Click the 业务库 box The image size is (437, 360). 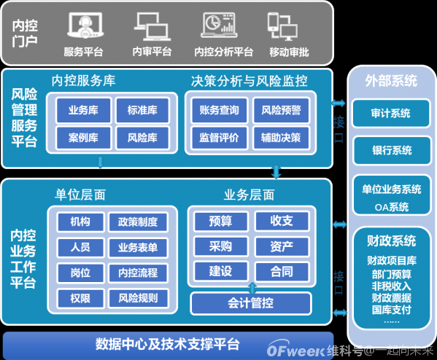[83, 110]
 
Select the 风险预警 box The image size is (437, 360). [281, 110]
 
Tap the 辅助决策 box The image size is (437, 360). [281, 138]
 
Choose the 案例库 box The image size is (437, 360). [83, 138]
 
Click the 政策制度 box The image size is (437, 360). [138, 222]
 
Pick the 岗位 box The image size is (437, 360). [80, 273]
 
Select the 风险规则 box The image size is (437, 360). [138, 298]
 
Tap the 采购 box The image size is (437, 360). [221, 246]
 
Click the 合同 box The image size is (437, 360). [282, 272]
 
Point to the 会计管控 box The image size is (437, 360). [250, 303]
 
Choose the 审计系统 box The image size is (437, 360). [391, 113]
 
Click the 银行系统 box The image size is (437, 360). [392, 150]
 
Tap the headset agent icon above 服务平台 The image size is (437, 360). [85, 26]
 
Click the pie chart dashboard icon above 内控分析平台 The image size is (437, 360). [219, 25]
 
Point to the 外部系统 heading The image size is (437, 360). [391, 81]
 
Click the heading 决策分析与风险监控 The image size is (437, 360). [250, 81]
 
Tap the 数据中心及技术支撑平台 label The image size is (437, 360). [168, 344]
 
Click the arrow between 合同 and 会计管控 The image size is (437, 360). [252, 288]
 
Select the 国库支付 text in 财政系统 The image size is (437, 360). [392, 310]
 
